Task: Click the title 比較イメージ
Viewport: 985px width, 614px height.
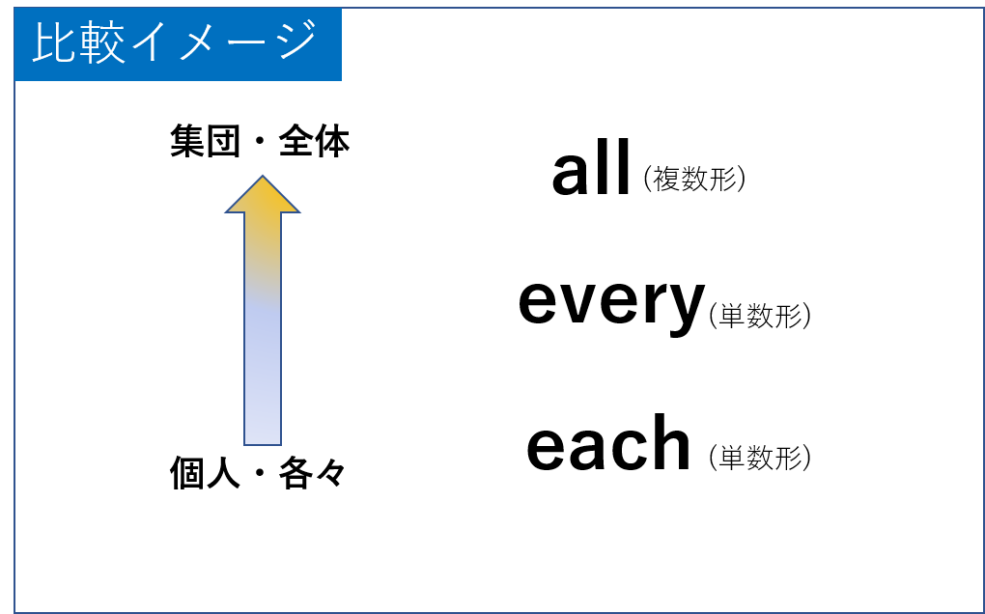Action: point(175,43)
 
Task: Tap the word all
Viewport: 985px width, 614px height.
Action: point(591,170)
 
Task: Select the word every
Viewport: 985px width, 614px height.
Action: point(610,302)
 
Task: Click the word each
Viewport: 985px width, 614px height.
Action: point(608,444)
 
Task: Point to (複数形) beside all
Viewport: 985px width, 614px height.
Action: point(694,179)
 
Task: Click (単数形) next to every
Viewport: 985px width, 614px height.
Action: point(759,316)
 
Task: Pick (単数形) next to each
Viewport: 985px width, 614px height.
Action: point(759,457)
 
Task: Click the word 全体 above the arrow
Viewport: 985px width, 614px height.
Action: point(314,143)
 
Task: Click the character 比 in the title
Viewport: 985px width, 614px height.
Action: point(51,43)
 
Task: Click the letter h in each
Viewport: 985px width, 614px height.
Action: point(668,443)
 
